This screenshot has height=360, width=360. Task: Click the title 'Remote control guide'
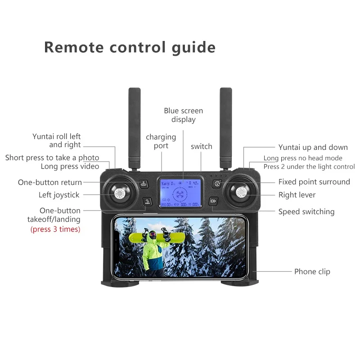click(130, 47)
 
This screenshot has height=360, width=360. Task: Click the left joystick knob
click(119, 194)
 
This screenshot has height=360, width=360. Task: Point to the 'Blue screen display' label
click(183, 115)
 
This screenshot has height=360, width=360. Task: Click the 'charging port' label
click(161, 141)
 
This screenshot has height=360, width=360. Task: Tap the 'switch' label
click(201, 146)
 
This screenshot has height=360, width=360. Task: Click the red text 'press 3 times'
click(55, 229)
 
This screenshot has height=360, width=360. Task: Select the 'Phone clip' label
click(312, 271)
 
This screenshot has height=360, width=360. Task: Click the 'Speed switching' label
click(306, 211)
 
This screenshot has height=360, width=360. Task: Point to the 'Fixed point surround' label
click(314, 182)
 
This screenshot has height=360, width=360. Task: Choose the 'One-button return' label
click(50, 182)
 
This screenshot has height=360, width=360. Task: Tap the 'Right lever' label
click(297, 195)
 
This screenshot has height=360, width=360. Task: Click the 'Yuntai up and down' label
click(313, 147)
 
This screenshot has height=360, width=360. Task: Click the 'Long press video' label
click(70, 166)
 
